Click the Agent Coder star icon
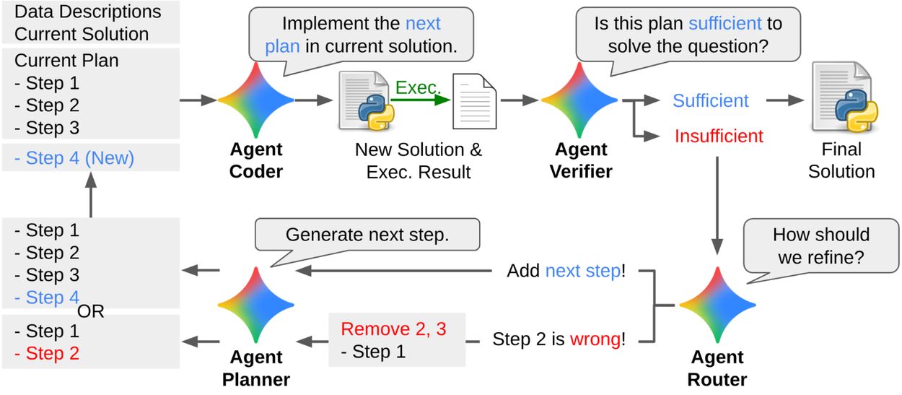pos(255,100)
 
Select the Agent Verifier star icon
pos(579,100)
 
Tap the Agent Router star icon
pos(717,305)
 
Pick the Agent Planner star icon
pos(255,305)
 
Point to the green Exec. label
pos(417,87)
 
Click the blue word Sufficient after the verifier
pos(711,100)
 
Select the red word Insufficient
pos(719,136)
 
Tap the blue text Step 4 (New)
pos(74,157)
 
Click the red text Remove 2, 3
pos(393,329)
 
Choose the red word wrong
pos(595,339)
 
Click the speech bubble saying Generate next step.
pos(367,235)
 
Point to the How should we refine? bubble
pos(820,246)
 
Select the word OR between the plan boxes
pos(91,312)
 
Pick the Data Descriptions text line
pos(88,12)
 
